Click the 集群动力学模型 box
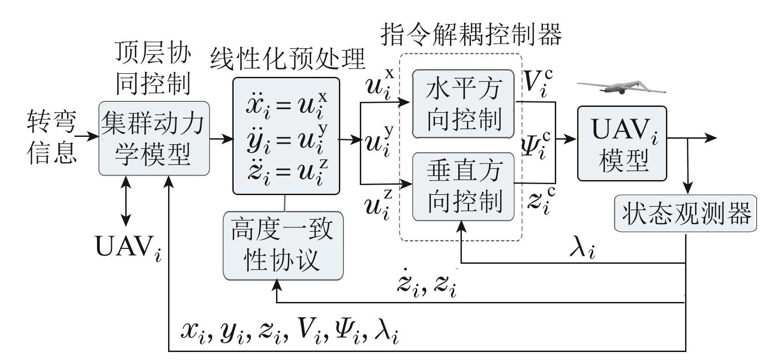154,138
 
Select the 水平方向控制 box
463,104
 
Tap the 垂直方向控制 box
463,186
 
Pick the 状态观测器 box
686,213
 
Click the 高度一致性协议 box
283,245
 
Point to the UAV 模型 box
622,144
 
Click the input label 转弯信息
51,136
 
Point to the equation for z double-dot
287,172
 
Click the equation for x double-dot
287,104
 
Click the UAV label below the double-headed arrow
128,247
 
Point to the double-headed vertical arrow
125,201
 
